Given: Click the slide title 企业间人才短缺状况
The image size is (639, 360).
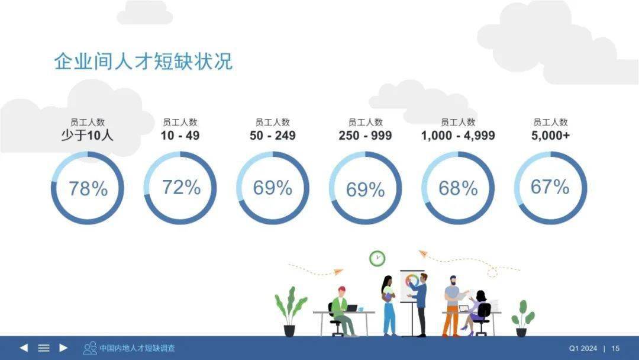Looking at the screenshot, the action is [143, 62].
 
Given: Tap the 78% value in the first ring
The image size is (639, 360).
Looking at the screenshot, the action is [88, 189].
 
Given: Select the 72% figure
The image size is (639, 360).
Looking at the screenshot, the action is [182, 188].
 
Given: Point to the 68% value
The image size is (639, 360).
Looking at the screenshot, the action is [458, 188].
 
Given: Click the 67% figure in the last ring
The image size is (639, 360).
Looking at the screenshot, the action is [550, 187].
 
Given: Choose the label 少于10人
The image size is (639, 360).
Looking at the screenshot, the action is [87, 135].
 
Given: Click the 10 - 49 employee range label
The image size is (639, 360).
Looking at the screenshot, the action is [180, 136].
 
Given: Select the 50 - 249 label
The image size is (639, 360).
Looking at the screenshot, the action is [273, 136].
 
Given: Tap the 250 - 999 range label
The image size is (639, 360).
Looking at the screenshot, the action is [365, 136].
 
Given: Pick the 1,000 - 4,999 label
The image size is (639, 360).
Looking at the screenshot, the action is [458, 136].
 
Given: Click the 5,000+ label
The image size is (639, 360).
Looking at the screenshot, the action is [550, 136].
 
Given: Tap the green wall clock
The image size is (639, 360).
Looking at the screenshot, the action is [377, 259].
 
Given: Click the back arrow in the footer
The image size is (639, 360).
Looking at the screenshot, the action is [24, 348].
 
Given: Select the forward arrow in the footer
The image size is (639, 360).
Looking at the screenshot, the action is [63, 348].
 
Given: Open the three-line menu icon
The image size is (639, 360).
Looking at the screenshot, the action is [44, 348].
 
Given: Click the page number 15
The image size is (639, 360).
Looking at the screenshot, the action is [615, 349].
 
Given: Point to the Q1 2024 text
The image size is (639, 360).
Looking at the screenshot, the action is [583, 349].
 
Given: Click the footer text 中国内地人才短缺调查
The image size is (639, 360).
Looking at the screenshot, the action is [137, 348].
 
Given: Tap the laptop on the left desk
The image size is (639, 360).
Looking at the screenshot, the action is [351, 308].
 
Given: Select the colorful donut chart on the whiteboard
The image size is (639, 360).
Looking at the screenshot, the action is [412, 281].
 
